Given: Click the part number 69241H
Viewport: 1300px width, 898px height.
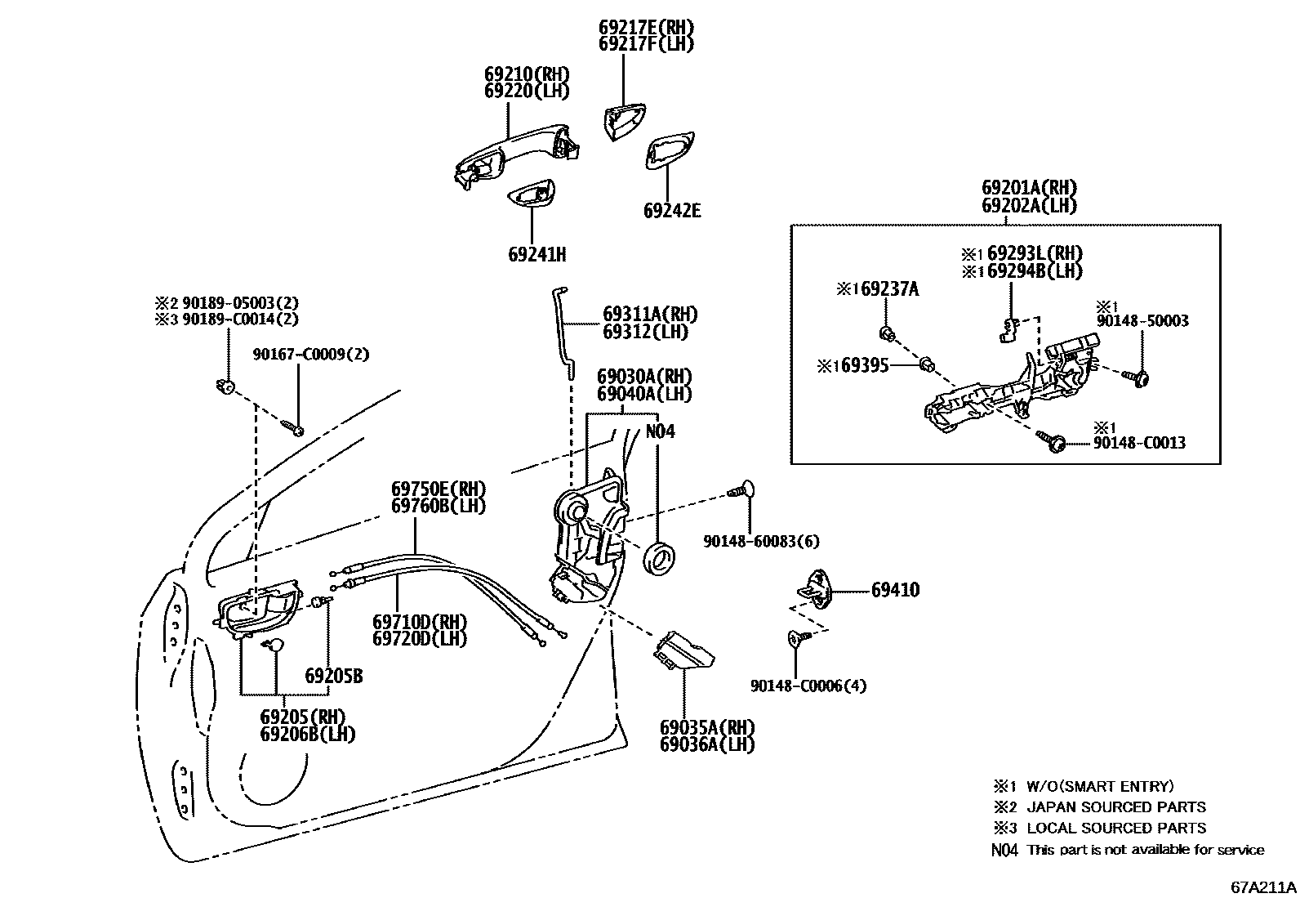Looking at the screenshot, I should (x=536, y=254).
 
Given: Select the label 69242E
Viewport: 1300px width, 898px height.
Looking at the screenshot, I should (x=671, y=211).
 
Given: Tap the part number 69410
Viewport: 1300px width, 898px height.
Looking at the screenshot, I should (x=895, y=590).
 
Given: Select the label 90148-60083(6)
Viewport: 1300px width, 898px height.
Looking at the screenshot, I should (x=761, y=541).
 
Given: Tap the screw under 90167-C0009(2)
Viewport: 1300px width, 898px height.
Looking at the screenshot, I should (x=293, y=427).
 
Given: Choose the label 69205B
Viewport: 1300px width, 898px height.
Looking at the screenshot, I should (x=333, y=677).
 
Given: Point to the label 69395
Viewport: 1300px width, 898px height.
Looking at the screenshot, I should (x=866, y=366).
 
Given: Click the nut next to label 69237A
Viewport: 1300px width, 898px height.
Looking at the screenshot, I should (x=885, y=332).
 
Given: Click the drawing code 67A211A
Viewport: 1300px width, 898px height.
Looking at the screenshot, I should (x=1262, y=887).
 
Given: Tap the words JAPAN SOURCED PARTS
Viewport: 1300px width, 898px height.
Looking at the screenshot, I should (x=1115, y=807).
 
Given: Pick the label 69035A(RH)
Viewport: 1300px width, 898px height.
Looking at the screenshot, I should (x=707, y=727).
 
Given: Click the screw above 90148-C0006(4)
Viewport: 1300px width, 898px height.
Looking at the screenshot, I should (x=797, y=638).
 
